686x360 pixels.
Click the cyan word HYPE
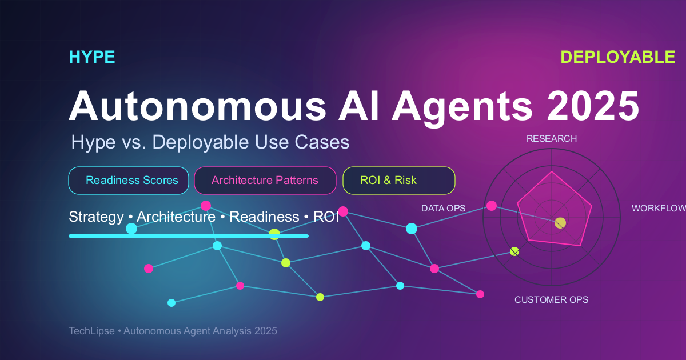pyautogui.click(x=92, y=57)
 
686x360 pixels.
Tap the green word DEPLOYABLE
pyautogui.click(x=617, y=57)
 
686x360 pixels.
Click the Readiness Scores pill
pyautogui.click(x=129, y=181)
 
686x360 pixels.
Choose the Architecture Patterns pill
pyautogui.click(x=265, y=181)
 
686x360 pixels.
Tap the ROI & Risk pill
pyautogui.click(x=398, y=181)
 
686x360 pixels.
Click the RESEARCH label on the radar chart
pyautogui.click(x=551, y=139)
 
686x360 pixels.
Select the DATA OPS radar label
pyautogui.click(x=443, y=209)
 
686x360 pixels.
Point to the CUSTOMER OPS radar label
pyautogui.click(x=551, y=300)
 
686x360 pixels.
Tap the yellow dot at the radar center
pyautogui.click(x=560, y=223)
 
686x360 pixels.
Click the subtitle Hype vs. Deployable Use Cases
pyautogui.click(x=210, y=142)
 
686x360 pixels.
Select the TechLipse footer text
pyautogui.click(x=173, y=331)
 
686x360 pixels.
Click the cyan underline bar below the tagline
pyautogui.click(x=189, y=235)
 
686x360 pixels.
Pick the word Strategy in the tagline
pyautogui.click(x=96, y=217)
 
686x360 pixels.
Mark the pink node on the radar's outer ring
pyautogui.click(x=491, y=206)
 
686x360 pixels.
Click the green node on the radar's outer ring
pyautogui.click(x=514, y=251)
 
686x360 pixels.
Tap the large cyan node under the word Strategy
pyautogui.click(x=131, y=229)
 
